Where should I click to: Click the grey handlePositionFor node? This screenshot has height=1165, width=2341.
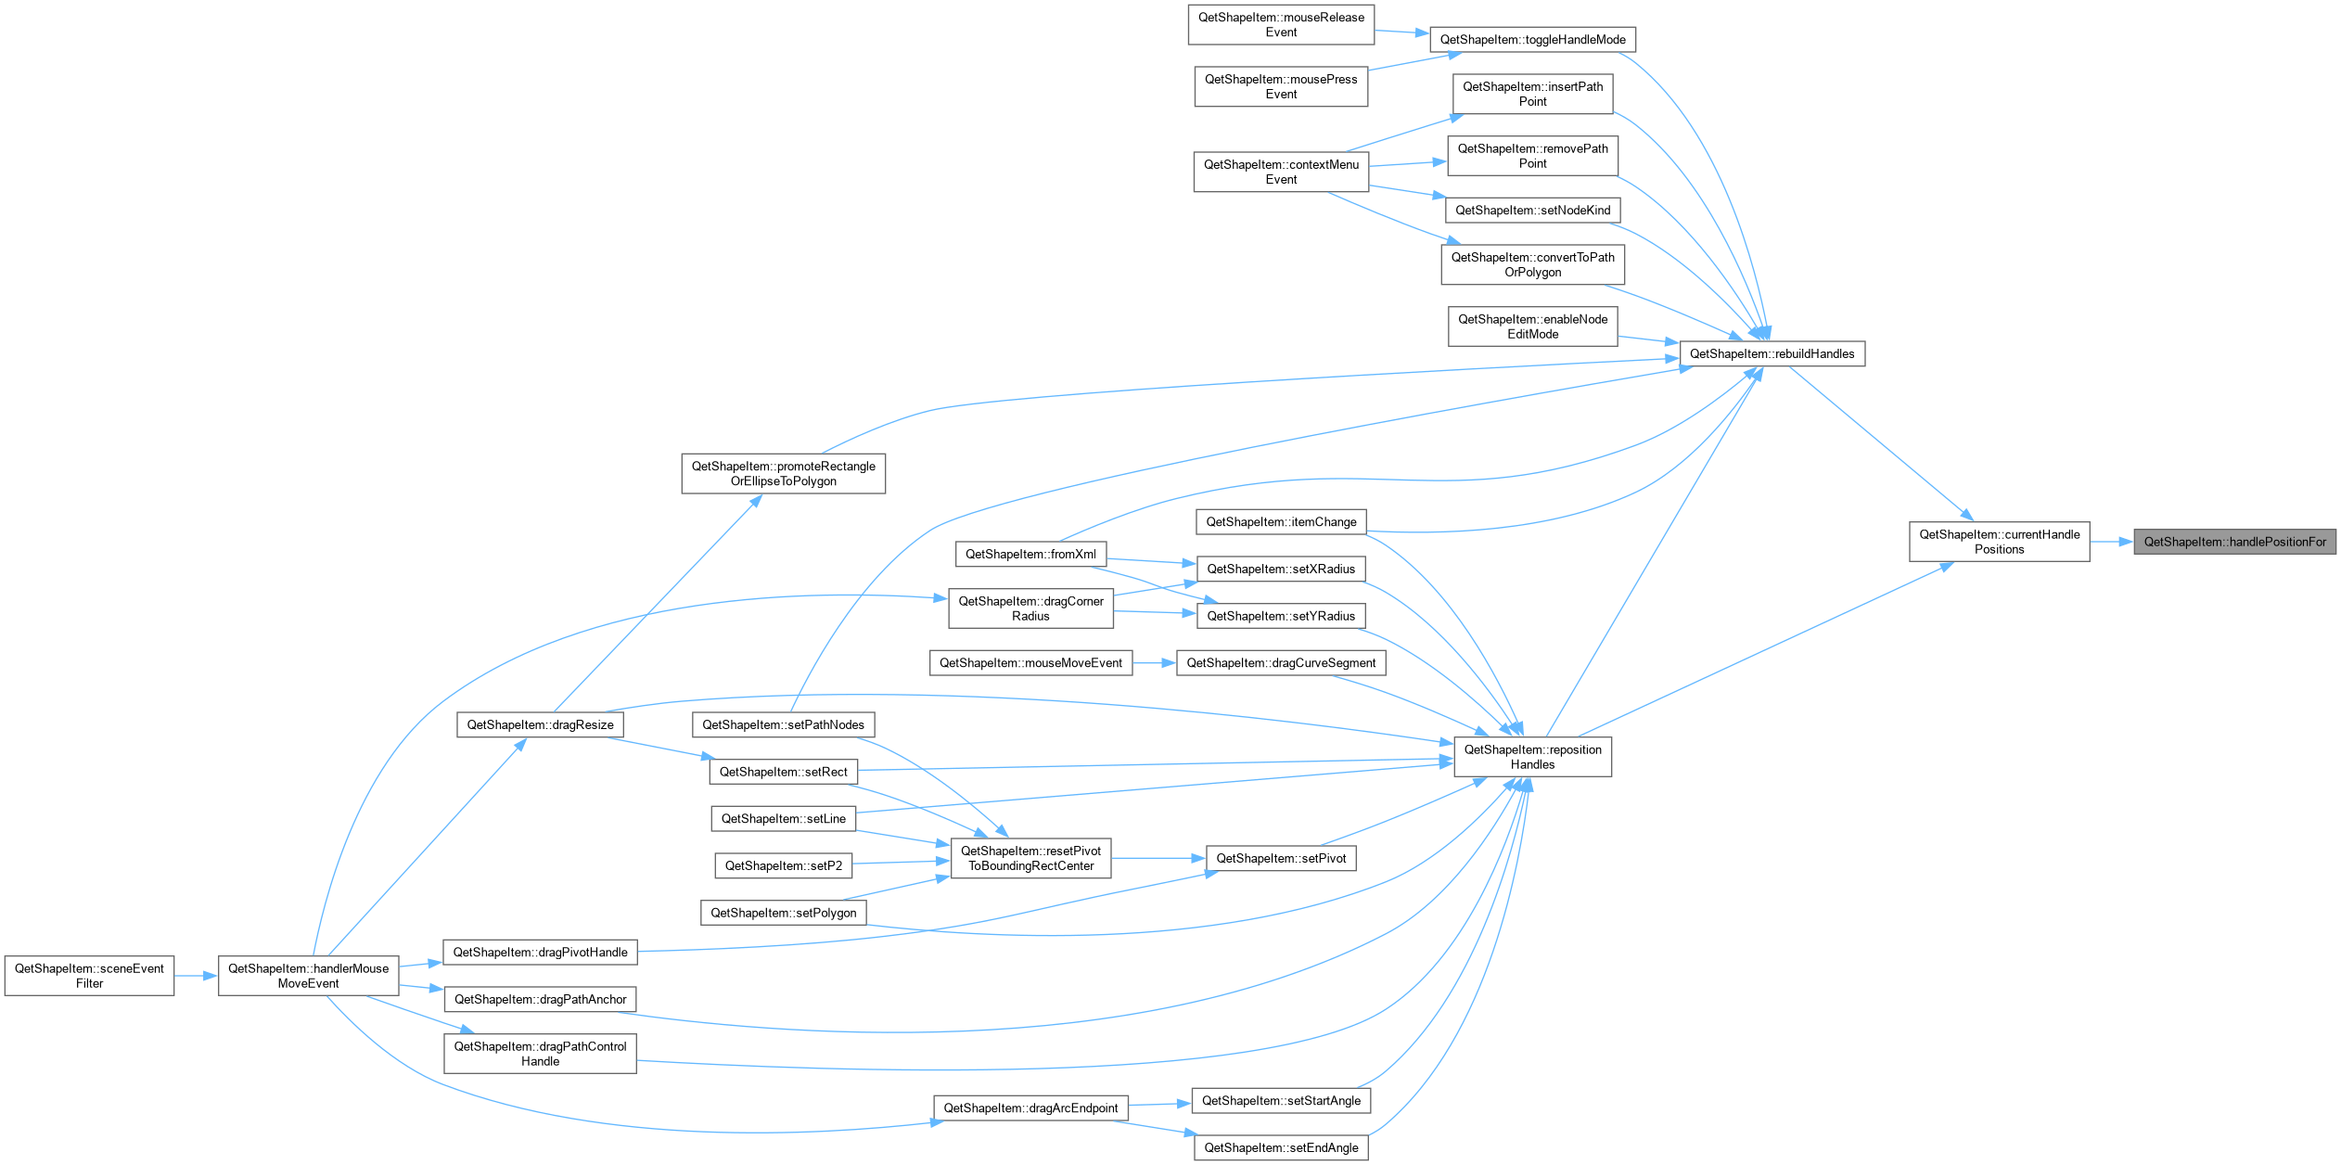tap(2234, 542)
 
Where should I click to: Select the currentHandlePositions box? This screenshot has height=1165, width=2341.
tap(1999, 542)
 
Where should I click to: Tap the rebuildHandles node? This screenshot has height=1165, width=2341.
tap(1772, 353)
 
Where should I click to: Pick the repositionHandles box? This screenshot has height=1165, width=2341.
tap(1532, 757)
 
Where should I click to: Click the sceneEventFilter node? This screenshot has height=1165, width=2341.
tap(89, 976)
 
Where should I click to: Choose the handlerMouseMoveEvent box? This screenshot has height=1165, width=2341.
tap(308, 976)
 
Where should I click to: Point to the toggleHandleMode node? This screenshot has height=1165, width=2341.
tap(1532, 40)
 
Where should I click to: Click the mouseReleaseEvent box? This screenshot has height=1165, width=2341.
tap(1281, 24)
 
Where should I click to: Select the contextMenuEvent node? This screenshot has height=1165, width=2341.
tap(1281, 172)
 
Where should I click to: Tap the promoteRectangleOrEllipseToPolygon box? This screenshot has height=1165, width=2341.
tap(783, 473)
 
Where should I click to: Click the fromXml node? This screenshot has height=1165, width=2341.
tap(1030, 554)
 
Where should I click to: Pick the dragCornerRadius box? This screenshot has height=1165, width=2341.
tap(1030, 608)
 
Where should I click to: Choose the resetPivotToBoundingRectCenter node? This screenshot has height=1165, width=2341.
tap(1030, 858)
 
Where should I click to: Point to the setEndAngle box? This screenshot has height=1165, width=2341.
tap(1281, 1147)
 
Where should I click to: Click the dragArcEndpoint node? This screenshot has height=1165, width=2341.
tap(1030, 1107)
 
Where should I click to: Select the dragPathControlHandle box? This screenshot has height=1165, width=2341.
tap(540, 1054)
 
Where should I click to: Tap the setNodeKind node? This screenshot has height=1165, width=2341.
tap(1532, 211)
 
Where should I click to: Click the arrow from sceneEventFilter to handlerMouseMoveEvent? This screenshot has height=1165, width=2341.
tap(196, 976)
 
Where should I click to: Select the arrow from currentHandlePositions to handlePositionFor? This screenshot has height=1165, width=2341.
tap(2112, 542)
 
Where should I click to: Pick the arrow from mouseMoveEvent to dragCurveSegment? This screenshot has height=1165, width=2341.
tap(1155, 663)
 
